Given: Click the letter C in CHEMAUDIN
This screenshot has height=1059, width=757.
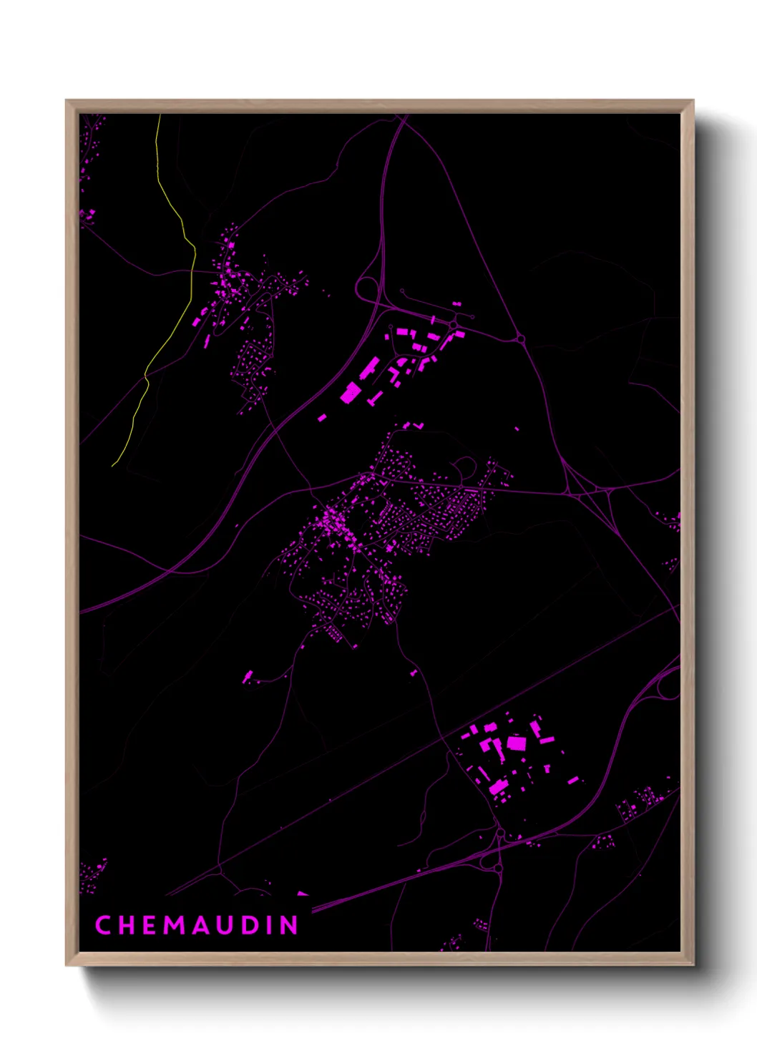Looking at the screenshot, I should pyautogui.click(x=103, y=925).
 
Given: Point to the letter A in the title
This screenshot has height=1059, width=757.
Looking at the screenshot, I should pyautogui.click(x=200, y=925).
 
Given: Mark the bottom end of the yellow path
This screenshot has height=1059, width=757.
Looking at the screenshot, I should pyautogui.click(x=113, y=466).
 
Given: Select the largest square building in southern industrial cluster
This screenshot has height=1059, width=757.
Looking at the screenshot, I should pyautogui.click(x=517, y=743).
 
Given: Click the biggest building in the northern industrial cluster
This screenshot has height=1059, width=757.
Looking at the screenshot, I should pyautogui.click(x=351, y=393).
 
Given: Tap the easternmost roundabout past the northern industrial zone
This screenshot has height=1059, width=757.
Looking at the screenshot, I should pyautogui.click(x=521, y=338).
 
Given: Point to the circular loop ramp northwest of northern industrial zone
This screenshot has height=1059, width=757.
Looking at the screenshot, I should pyautogui.click(x=366, y=289).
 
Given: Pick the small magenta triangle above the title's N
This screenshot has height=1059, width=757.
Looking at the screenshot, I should pyautogui.click(x=302, y=894).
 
